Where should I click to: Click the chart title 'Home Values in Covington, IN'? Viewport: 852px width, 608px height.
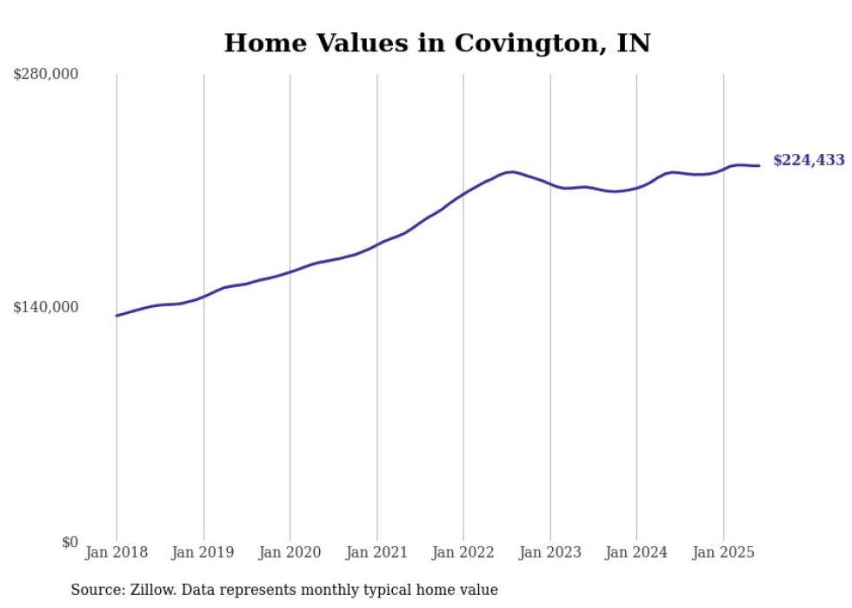436,43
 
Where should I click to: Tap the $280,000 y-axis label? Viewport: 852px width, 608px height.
46,74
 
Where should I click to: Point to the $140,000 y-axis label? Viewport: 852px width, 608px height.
46,307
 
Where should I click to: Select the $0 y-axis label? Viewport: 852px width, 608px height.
70,542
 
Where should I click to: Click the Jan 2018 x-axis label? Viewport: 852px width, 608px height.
116,552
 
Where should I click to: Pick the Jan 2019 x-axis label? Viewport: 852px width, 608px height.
203,552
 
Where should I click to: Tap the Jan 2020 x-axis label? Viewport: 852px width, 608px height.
290,552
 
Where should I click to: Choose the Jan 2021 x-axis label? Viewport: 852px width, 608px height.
376,552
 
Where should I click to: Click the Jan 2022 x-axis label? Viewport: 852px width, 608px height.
463,552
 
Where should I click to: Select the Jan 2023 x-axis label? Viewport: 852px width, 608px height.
549,552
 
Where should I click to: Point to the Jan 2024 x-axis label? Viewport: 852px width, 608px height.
636,552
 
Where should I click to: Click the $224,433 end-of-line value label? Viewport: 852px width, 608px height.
809,160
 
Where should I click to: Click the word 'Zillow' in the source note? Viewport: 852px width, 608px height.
152,590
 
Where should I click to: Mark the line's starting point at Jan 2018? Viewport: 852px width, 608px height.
116,316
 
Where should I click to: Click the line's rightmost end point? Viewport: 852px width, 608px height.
760,165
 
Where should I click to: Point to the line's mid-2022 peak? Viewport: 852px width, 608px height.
511,171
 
